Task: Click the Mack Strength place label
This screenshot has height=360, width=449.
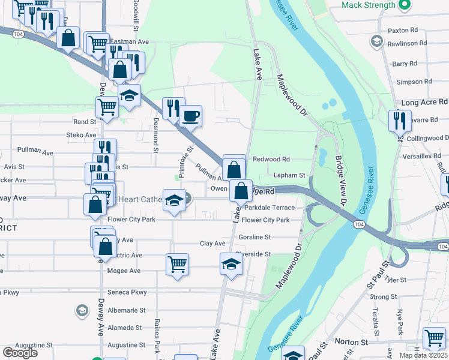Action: [369, 5]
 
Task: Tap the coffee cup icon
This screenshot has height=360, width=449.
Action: [191, 116]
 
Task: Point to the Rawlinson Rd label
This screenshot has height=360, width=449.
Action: [407, 43]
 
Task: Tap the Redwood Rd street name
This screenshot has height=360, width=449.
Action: [271, 160]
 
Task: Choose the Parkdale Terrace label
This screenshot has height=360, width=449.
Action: [270, 208]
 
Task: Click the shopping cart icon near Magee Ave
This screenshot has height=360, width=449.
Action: [178, 264]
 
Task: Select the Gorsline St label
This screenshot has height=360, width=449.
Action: [255, 238]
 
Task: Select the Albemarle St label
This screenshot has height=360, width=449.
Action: [126, 310]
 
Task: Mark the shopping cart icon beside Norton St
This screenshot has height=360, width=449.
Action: [434, 338]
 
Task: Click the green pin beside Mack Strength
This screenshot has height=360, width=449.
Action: [405, 5]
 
